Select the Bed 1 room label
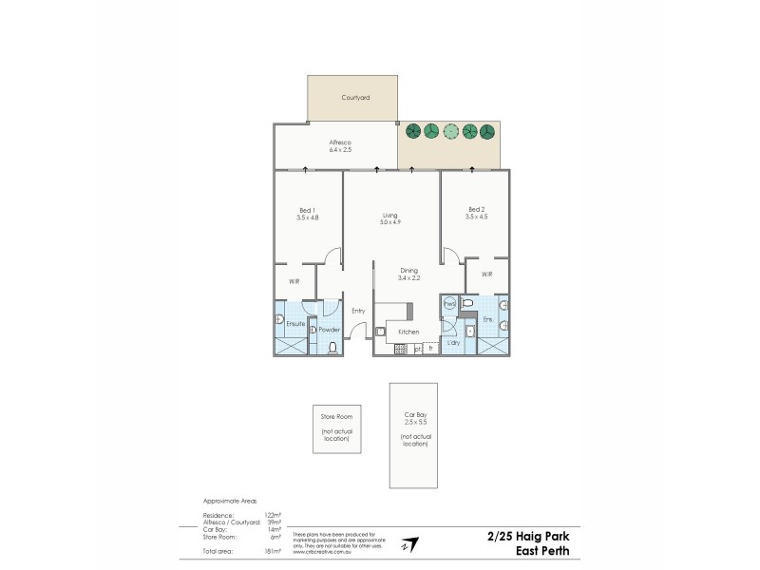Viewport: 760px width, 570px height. (x=306, y=214)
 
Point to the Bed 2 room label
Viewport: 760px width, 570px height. (x=477, y=213)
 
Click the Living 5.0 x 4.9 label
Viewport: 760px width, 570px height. (x=389, y=218)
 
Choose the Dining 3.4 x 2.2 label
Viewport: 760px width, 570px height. (x=409, y=275)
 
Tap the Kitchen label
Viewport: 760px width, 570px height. (x=408, y=332)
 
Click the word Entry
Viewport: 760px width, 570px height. (x=358, y=311)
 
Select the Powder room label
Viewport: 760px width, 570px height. (x=329, y=330)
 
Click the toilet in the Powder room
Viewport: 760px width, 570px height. (x=332, y=348)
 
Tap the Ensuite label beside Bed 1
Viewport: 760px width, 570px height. (x=295, y=324)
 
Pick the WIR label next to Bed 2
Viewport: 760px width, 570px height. (x=486, y=275)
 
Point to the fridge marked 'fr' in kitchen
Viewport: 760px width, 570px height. (x=430, y=349)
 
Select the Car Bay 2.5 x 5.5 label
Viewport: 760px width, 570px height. (x=412, y=420)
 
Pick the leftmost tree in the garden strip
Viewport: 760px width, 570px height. (x=412, y=131)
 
